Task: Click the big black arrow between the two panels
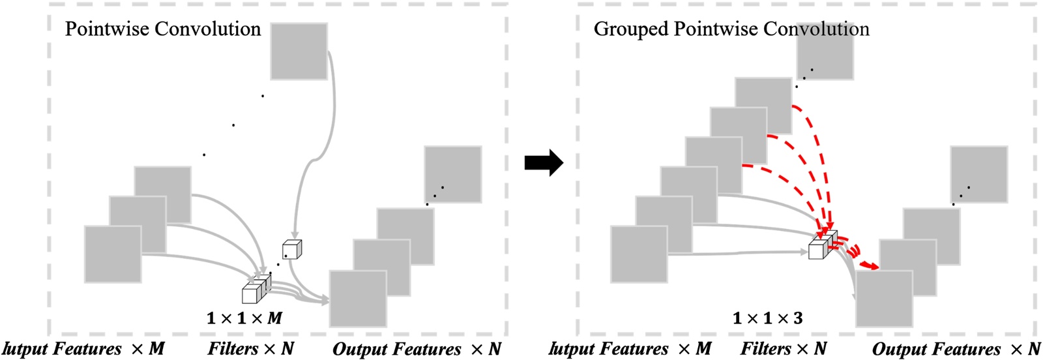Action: (x=543, y=162)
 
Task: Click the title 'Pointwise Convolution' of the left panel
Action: (x=163, y=29)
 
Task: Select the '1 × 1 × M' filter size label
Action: (x=244, y=318)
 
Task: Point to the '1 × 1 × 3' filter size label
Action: (x=767, y=318)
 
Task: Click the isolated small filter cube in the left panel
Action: (x=291, y=249)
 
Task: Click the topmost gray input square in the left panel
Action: (x=299, y=52)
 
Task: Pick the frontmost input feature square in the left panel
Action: (x=113, y=254)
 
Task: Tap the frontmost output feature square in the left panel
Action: (x=358, y=299)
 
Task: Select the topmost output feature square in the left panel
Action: (x=453, y=174)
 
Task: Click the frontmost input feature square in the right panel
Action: (x=639, y=254)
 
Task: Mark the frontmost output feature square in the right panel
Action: (x=884, y=299)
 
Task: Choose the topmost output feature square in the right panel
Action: (x=979, y=174)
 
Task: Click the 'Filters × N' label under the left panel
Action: (x=251, y=349)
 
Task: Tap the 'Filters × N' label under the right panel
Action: (x=784, y=349)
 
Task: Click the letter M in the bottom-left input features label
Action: (x=156, y=349)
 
